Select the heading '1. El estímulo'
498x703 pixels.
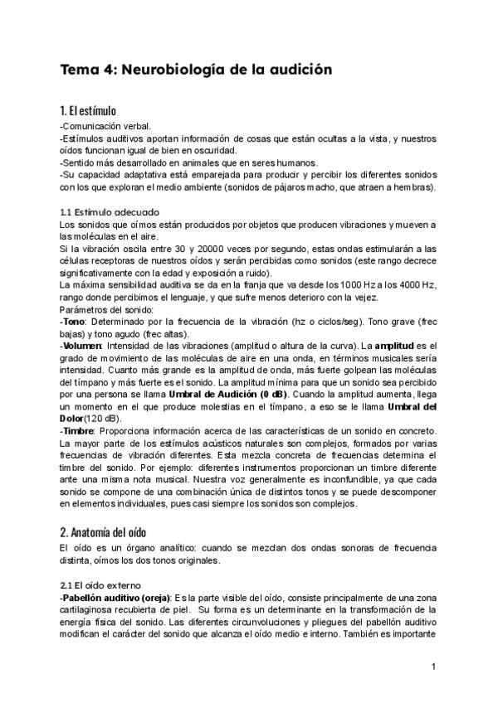click(88, 110)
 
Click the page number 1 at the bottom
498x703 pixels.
click(434, 667)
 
